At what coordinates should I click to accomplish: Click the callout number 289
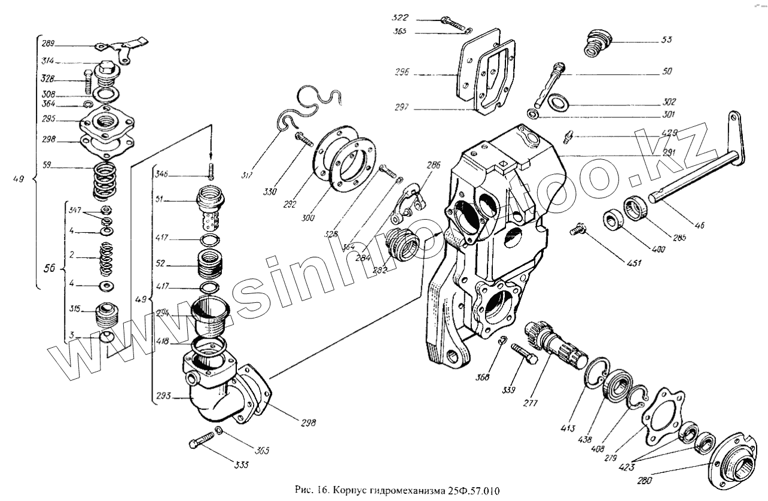click(48, 43)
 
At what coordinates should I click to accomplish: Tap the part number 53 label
click(666, 40)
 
